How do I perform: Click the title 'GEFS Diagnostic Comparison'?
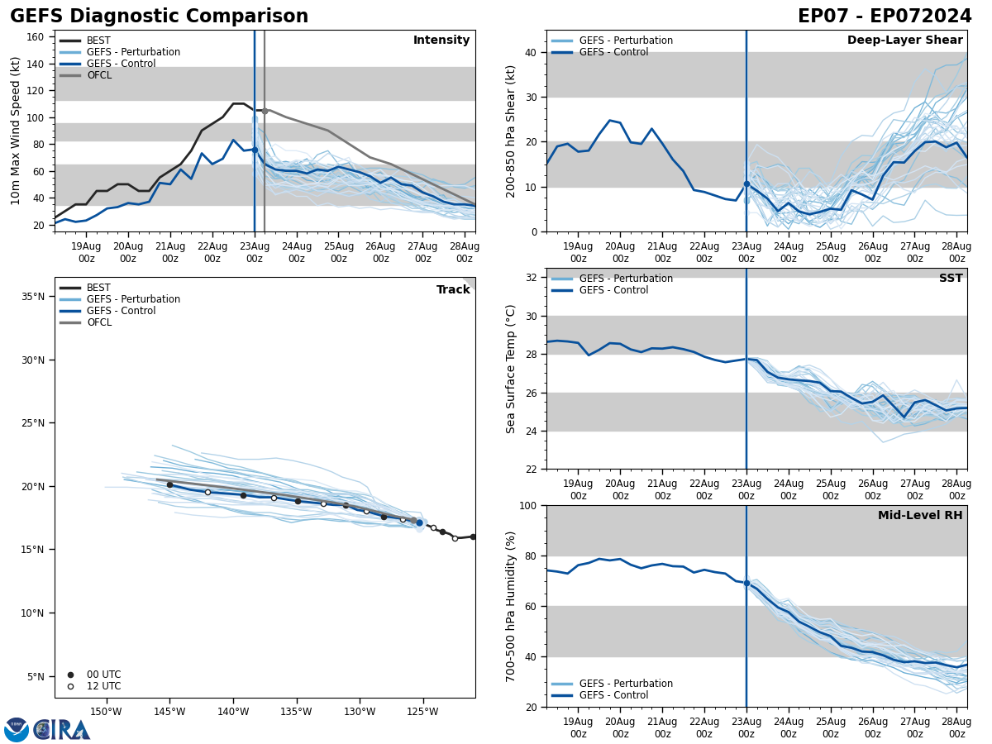(x=159, y=17)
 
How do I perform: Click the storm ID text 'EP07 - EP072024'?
(x=885, y=17)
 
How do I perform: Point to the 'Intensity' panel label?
(x=441, y=41)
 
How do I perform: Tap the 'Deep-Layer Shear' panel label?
(x=904, y=41)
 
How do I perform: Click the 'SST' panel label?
(x=951, y=279)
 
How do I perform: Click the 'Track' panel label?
(x=453, y=290)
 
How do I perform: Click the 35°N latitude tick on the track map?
(x=31, y=297)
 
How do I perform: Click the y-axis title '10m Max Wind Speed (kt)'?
(x=16, y=131)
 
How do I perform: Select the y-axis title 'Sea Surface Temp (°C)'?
(x=511, y=369)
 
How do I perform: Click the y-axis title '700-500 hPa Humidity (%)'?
(x=511, y=606)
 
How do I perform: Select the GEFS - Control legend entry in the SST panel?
(x=613, y=290)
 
